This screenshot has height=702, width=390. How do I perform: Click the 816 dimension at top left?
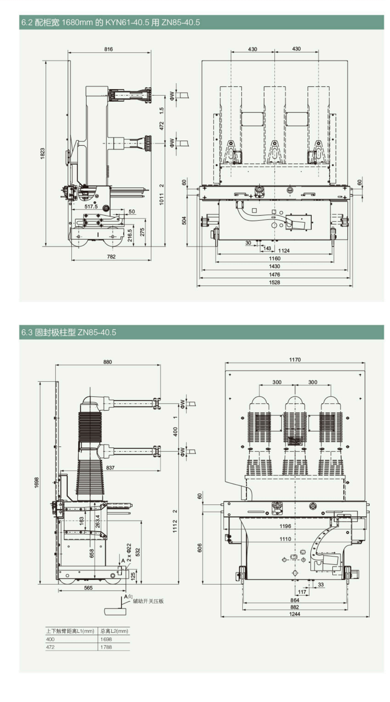[108, 49]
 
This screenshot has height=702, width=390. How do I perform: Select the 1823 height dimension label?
[42, 153]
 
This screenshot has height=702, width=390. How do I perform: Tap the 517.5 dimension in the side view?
[91, 206]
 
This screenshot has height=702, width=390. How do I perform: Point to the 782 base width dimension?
[111, 256]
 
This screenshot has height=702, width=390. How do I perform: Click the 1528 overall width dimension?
[274, 282]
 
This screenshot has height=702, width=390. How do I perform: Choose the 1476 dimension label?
[274, 274]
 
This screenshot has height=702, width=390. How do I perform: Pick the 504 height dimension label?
[184, 220]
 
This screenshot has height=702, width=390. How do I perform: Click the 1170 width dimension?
[295, 359]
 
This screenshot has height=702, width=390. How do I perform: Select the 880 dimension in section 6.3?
[107, 362]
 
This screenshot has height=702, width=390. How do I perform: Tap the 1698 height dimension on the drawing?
[36, 483]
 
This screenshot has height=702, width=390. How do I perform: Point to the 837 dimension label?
[110, 468]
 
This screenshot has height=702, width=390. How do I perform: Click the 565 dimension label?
[88, 588]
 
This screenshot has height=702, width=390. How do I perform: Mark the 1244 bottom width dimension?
[294, 614]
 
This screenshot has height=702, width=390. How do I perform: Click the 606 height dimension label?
[200, 547]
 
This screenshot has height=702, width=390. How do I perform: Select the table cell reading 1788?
[106, 647]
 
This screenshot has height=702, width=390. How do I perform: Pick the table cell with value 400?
[50, 639]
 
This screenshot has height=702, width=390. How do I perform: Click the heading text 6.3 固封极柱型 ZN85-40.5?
[68, 332]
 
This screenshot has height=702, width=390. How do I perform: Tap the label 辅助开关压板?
[148, 601]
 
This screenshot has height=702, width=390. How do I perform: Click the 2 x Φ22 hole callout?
[129, 552]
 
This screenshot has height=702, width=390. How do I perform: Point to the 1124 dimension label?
[284, 251]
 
